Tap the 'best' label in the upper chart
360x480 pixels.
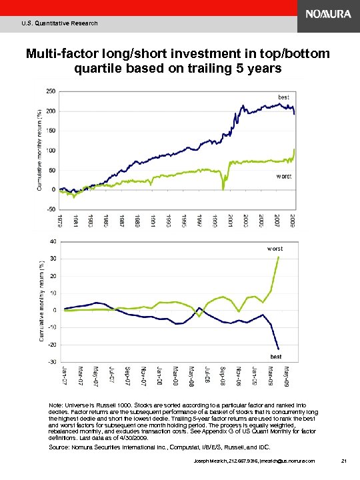(x=283, y=97)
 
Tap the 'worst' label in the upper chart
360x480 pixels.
(x=284, y=176)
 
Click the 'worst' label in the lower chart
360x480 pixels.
(x=275, y=249)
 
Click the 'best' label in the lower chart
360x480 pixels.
(x=275, y=357)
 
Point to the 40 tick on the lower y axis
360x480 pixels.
(x=53, y=241)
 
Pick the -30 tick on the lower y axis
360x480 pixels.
(x=51, y=362)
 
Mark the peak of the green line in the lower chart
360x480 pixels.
(x=278, y=257)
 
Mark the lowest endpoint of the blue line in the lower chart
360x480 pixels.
(x=278, y=349)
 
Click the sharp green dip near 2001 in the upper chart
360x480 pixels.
(x=223, y=189)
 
